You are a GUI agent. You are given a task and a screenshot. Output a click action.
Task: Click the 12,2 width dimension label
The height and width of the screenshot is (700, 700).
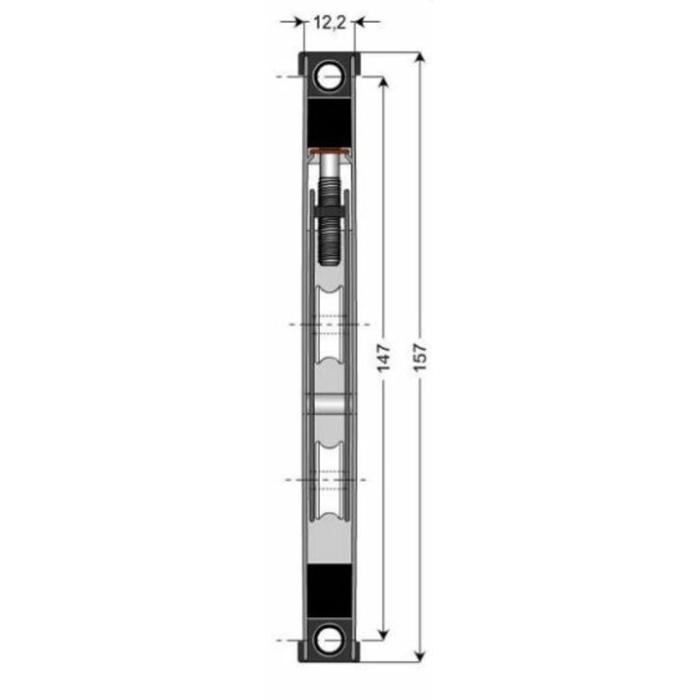pos(329,22)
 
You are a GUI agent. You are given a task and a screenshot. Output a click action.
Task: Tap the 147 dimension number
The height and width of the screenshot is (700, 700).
pos(383,358)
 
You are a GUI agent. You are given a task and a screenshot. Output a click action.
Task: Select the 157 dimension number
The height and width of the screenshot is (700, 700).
pos(420,358)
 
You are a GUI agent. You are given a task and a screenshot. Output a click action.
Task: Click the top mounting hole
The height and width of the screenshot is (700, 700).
pos(329,75)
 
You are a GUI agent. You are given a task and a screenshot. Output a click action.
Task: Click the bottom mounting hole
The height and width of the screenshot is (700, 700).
pos(329,640)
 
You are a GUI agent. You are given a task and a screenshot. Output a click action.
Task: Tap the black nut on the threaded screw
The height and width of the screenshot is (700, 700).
pos(329,207)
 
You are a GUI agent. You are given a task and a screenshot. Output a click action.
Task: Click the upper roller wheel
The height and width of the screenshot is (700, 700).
pos(329,324)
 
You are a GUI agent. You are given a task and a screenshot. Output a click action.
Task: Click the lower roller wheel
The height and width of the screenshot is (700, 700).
pos(329,479)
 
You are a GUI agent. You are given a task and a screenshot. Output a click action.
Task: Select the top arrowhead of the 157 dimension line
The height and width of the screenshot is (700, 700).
pos(420,58)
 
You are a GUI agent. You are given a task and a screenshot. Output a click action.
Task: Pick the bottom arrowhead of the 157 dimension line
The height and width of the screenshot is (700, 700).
pos(420,656)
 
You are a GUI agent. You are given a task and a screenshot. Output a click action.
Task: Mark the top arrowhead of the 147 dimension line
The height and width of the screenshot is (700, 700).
pos(383,83)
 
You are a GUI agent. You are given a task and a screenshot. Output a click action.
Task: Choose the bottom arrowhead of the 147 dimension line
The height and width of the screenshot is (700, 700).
pos(383,634)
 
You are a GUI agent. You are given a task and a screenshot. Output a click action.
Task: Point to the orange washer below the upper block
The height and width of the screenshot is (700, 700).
pos(329,150)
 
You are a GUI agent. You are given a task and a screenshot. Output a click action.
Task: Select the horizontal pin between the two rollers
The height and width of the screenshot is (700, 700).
pos(329,403)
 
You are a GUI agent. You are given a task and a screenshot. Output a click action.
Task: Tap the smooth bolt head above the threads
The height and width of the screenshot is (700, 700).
pos(329,165)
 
